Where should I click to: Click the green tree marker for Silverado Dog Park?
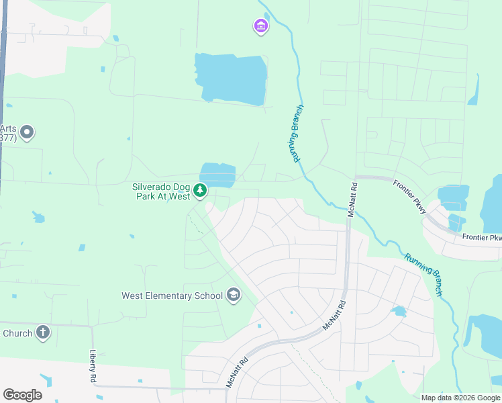pos(199,191)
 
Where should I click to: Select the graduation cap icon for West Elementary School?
pos(233,295)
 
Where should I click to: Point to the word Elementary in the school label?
pos(171,296)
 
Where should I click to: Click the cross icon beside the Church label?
pos(42,332)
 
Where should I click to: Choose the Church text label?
pos(17,333)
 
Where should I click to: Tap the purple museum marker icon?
pos(260,27)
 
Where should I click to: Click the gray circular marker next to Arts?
pos(27,132)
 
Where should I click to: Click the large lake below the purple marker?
pos(230,79)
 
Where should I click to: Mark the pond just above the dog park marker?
pos(217,175)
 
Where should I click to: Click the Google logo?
pos(22,395)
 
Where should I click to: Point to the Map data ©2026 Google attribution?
pos(460,398)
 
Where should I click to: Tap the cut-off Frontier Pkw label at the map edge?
pos(482,238)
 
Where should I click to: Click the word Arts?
pos(8,128)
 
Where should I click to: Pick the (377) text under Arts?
pos(8,138)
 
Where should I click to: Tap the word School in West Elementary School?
pos(208,296)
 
